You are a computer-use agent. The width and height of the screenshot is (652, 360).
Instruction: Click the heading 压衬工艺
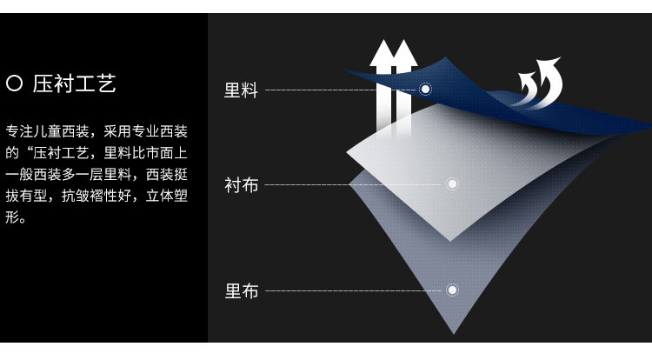pos(75,84)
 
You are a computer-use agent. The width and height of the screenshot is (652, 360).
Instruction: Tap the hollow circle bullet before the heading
pos(14,84)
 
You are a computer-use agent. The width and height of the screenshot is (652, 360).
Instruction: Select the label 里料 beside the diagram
pos(241,90)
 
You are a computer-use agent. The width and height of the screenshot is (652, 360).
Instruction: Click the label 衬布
pos(241,185)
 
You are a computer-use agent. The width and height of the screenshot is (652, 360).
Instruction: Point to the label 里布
pos(241,291)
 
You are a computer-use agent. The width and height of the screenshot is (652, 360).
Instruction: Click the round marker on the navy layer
pos(425,89)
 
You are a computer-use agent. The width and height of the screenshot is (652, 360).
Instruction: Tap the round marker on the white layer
pos(452,184)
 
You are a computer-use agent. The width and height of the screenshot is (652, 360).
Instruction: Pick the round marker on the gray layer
pos(452,290)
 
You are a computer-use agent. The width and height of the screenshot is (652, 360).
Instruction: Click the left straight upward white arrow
pos(381,87)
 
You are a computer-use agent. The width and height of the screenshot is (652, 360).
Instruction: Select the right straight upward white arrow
pos(403,87)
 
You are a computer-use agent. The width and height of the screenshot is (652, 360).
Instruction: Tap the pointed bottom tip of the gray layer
pos(453,331)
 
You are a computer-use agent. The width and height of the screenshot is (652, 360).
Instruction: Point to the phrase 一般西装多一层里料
pos(70,175)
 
